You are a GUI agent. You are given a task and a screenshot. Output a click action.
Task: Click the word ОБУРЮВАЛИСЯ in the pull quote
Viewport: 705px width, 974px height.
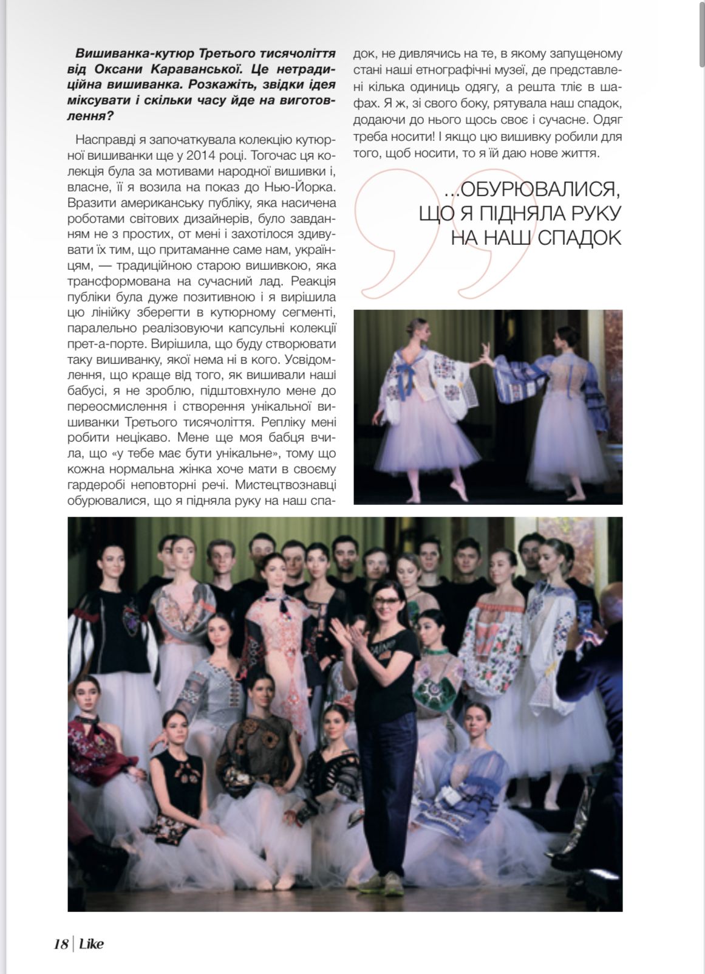tap(541, 191)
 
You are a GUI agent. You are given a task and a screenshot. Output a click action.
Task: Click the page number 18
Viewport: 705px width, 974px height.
tap(61, 944)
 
